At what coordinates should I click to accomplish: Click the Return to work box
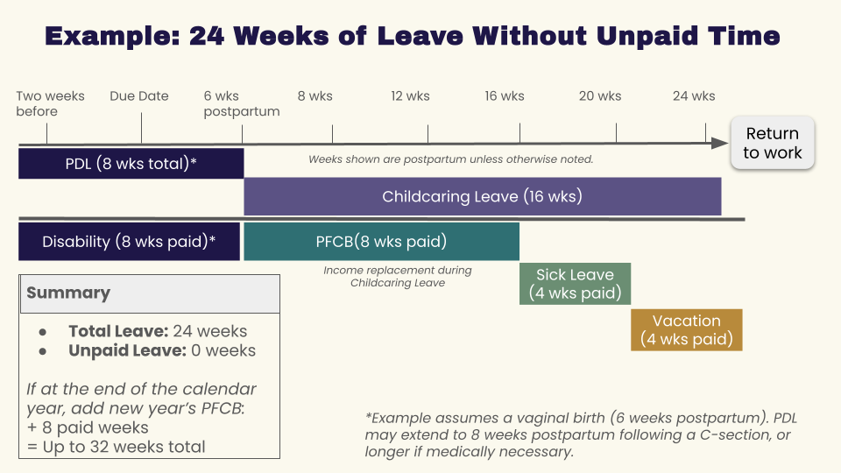point(773,143)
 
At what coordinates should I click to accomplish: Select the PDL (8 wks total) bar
point(131,164)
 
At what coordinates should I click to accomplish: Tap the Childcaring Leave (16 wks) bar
point(482,196)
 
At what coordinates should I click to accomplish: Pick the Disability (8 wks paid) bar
point(130,242)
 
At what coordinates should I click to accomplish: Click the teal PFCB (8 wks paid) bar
point(381,242)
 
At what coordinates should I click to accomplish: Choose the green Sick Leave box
point(575,284)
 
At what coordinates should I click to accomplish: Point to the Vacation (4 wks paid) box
point(687,330)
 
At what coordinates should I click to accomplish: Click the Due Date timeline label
point(139,96)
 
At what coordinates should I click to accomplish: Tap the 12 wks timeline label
point(410,96)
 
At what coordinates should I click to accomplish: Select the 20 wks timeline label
point(599,96)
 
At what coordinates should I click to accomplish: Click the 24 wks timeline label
point(694,96)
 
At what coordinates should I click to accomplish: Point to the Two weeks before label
point(50,103)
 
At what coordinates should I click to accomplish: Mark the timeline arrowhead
point(720,143)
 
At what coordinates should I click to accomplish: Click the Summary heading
point(68,293)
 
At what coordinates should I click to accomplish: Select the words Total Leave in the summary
point(118,331)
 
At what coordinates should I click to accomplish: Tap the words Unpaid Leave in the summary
point(127,350)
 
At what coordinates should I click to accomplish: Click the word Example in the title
point(112,36)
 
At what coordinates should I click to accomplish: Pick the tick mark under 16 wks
point(519,133)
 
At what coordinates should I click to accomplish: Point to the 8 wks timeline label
point(314,96)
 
